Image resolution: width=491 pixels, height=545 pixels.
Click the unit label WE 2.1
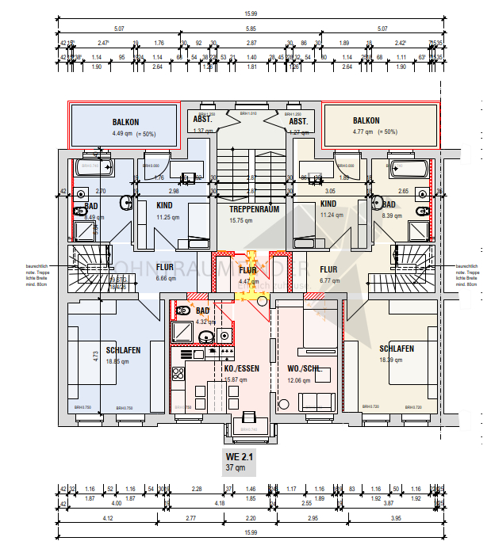pos(241,457)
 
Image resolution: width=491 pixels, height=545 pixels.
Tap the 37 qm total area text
pos(241,468)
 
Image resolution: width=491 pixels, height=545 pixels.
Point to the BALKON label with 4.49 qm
pos(125,122)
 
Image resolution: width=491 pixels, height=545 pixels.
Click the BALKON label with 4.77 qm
pos(368,122)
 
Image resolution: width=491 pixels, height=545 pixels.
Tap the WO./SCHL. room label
pos(305,368)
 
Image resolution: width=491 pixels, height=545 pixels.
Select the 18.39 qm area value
pos(391,360)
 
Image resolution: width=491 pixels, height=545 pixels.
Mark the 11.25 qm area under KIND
pos(169,216)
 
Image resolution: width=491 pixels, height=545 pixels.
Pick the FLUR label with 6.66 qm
pos(165,268)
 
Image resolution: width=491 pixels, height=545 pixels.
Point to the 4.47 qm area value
pos(249,280)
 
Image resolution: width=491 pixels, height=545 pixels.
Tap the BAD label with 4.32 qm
pos(202,311)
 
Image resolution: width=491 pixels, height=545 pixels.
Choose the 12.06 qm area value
pos(299,380)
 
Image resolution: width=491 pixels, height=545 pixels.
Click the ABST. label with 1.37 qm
pos(203,120)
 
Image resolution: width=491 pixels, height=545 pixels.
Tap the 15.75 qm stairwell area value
pos(242,221)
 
